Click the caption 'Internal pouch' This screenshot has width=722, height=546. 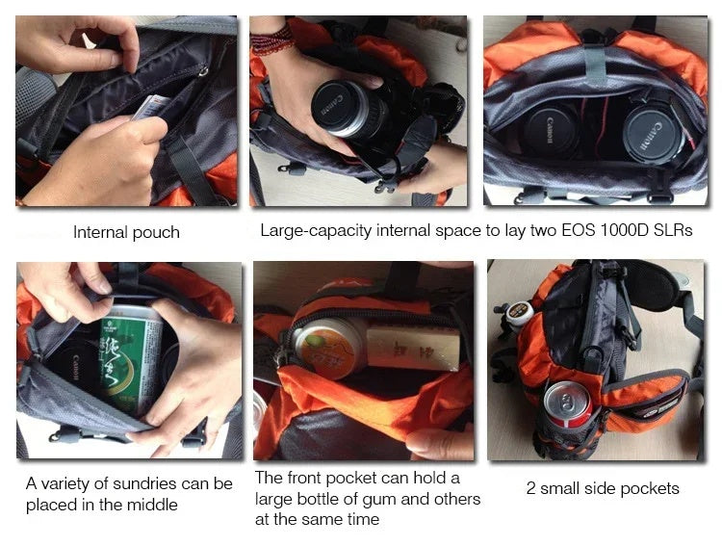pyautogui.click(x=126, y=232)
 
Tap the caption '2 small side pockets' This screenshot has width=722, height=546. pyautogui.click(x=603, y=488)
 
